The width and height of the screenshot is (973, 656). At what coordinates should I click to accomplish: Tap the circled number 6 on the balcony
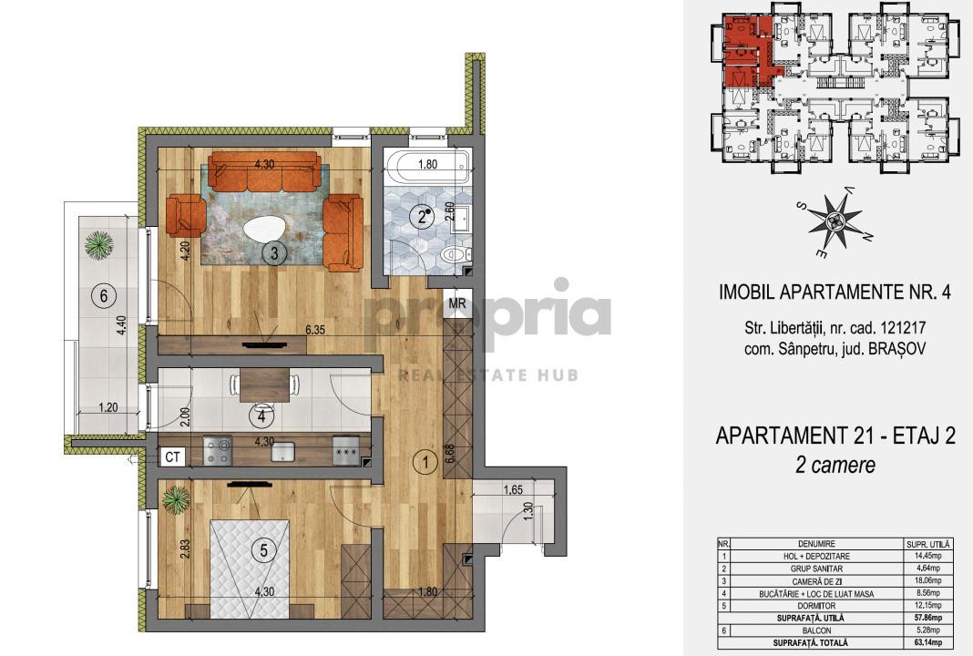pos(105,295)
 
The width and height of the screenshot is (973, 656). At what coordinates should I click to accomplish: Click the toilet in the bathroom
pos(452,256)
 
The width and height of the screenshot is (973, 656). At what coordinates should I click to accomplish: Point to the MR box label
pos(456,304)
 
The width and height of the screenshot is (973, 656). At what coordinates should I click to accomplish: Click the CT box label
pos(171,455)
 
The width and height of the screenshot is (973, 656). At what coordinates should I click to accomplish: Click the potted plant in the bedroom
pos(176,499)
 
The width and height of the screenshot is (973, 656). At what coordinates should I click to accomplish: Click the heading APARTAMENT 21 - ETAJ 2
pos(835,437)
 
